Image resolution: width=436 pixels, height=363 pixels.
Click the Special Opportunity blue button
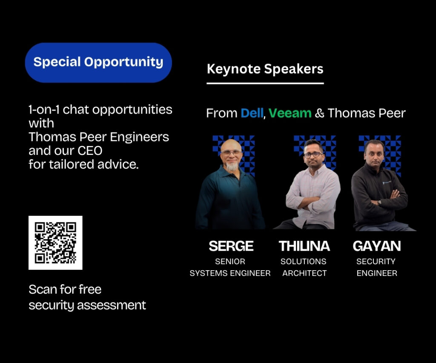point(98,63)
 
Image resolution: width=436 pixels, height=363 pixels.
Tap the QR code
point(55,243)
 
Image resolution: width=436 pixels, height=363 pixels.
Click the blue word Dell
point(252,113)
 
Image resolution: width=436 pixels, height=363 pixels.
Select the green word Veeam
point(290,113)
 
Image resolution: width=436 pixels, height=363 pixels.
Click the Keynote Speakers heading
point(265,69)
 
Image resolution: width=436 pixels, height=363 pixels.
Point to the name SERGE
point(231,246)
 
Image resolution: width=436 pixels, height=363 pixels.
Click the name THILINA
point(304,246)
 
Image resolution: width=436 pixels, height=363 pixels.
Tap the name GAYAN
point(377,246)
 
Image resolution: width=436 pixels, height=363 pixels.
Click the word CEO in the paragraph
point(90,151)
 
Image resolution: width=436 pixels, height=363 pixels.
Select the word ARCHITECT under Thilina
point(304,273)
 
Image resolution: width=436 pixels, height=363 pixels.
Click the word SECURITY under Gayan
point(376,262)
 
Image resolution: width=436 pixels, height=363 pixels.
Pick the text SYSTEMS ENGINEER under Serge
point(230,273)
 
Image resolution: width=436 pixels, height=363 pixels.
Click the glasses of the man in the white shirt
point(313,155)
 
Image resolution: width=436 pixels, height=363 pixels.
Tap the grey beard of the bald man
point(232,166)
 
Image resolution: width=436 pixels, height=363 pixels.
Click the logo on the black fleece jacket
point(387,183)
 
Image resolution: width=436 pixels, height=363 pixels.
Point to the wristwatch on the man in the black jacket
point(379,202)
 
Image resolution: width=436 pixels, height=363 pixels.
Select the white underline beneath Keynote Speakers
point(265,83)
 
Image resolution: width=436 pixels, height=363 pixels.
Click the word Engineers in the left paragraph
point(139,137)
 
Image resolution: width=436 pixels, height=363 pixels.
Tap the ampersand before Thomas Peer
point(320,113)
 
